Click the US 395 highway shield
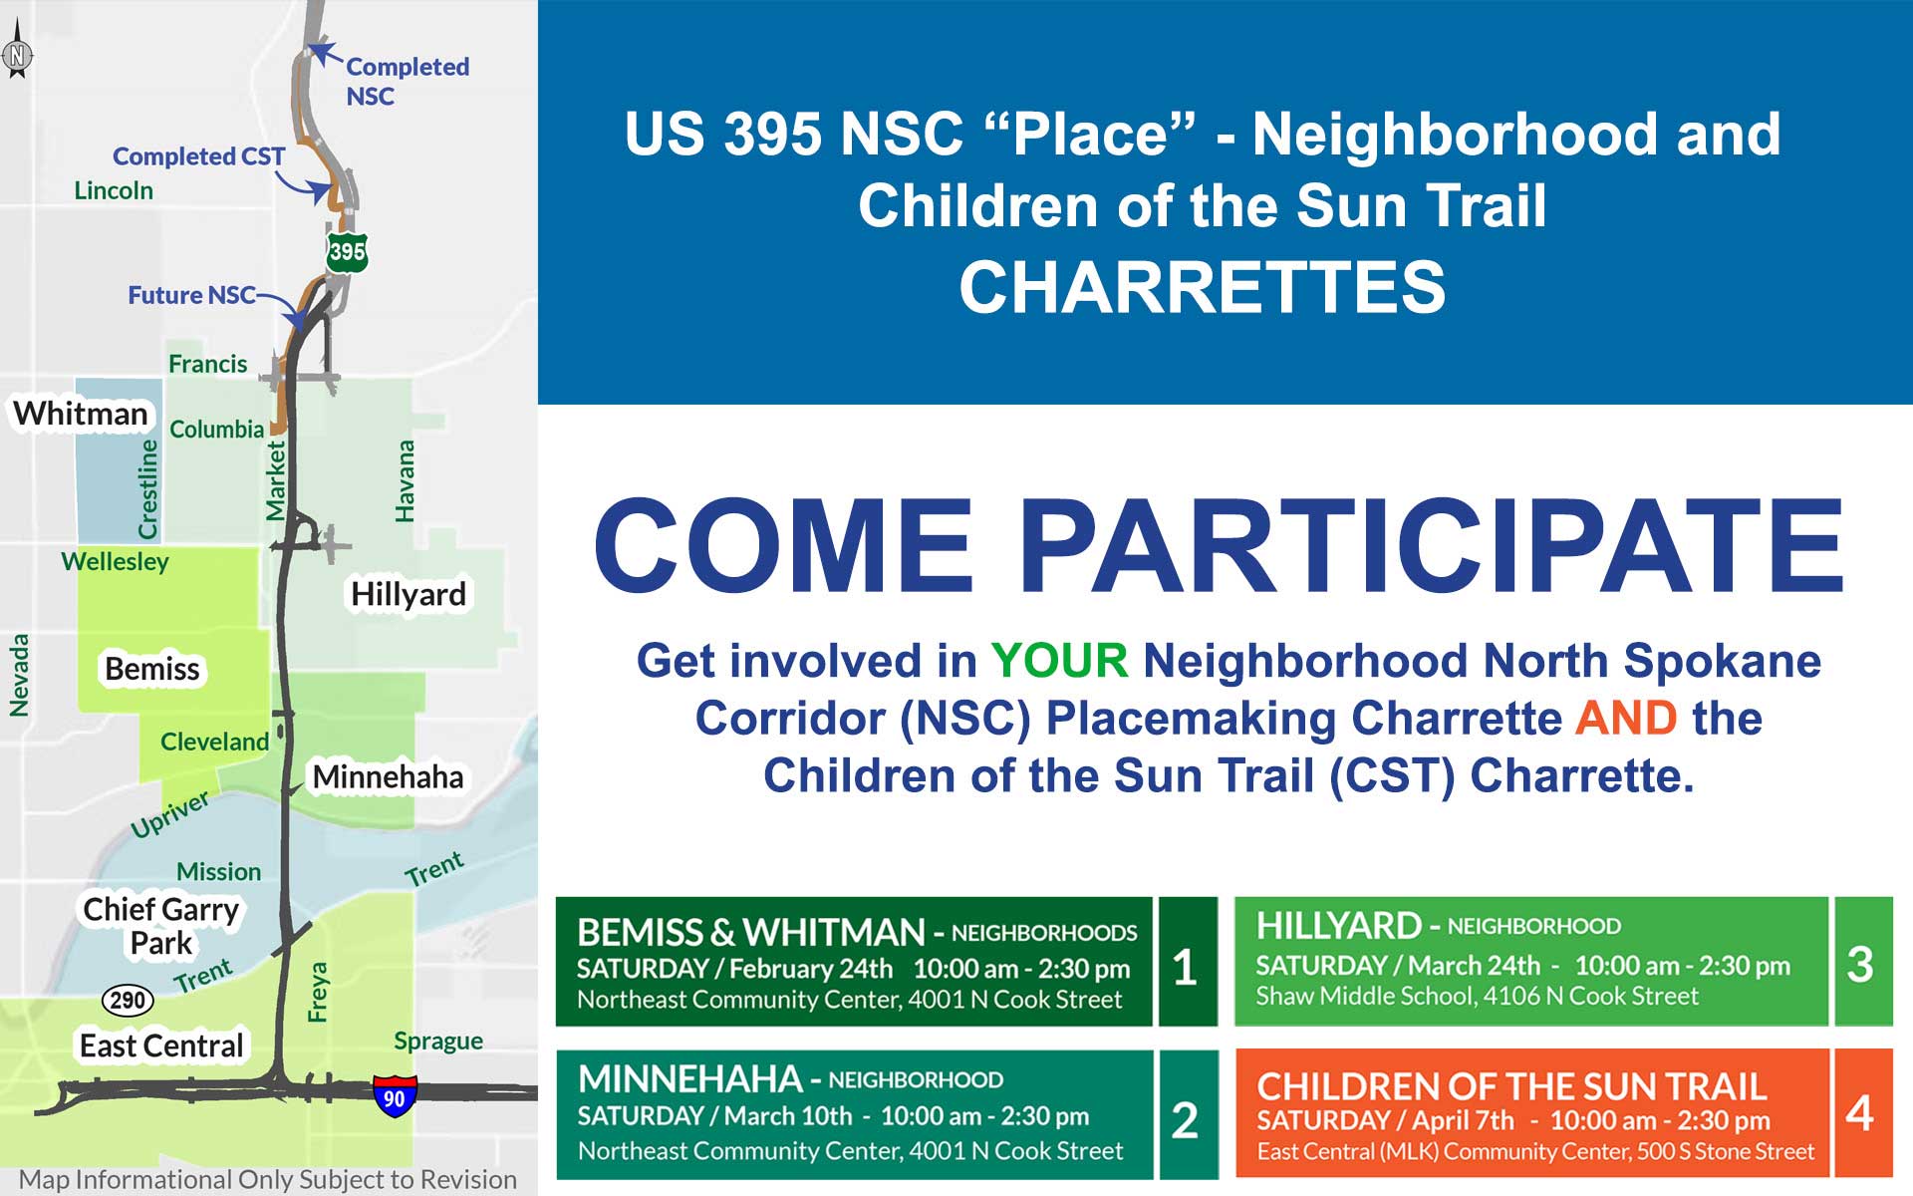(347, 252)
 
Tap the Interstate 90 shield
(395, 1095)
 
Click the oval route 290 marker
(128, 1000)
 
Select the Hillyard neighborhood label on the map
(409, 594)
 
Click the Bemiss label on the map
(152, 669)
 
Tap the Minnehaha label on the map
(388, 776)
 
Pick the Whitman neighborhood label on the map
(81, 413)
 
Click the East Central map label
(161, 1046)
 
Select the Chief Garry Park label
(160, 926)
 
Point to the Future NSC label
(191, 295)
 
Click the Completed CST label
(198, 156)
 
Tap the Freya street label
(318, 992)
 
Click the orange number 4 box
(1860, 1112)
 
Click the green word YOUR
(1059, 661)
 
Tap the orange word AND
(1626, 718)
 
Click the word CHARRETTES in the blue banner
(1202, 287)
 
